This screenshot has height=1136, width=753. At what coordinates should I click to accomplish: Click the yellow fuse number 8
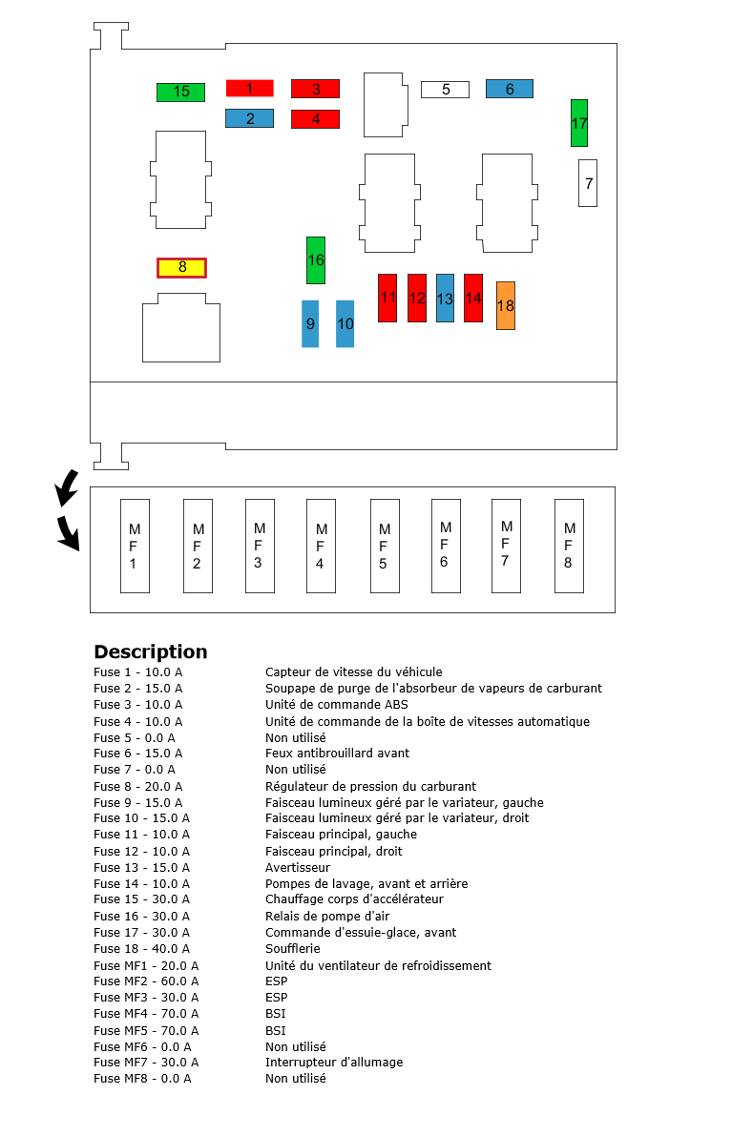(181, 267)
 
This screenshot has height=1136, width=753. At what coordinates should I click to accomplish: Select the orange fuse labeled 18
(505, 305)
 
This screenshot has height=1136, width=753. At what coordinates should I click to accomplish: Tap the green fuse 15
(180, 92)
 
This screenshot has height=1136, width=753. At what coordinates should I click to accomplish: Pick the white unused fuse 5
(445, 90)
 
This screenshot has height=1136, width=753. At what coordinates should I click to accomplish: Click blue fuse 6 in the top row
(509, 89)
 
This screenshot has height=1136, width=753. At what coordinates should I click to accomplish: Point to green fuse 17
(578, 123)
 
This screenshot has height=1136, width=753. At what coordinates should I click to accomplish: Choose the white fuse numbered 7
(588, 183)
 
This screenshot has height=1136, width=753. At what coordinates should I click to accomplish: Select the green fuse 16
(315, 259)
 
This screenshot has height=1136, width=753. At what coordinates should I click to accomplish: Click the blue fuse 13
(445, 298)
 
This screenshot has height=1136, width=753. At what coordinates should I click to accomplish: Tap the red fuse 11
(387, 298)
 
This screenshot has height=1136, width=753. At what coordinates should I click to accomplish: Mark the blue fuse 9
(310, 323)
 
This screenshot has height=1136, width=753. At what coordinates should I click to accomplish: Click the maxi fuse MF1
(135, 546)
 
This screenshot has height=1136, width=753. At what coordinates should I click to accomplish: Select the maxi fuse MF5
(385, 546)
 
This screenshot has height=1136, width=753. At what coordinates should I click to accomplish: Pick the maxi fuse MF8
(568, 546)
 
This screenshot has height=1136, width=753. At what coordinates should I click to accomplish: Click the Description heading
(150, 651)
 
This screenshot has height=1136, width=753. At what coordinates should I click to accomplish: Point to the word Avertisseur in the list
(297, 867)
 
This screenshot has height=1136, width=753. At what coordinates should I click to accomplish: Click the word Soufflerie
(292, 948)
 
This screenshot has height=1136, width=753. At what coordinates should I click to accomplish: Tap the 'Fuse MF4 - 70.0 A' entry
(146, 1013)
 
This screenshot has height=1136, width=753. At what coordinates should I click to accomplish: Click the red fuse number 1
(249, 88)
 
